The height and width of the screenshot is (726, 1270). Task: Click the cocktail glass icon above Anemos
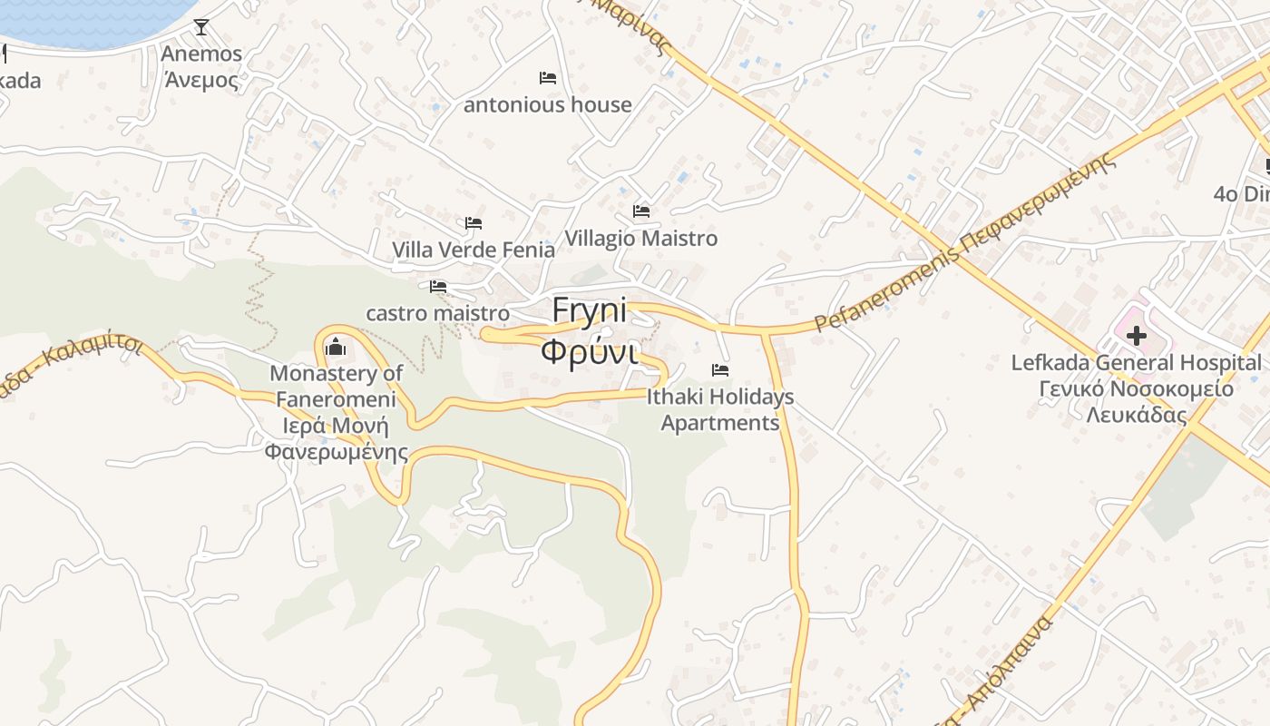201,27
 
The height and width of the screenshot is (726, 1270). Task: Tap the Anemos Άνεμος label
201,67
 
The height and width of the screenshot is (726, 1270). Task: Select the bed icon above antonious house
548,78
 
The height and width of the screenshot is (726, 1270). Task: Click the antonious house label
548,105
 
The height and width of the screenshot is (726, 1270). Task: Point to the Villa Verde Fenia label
474,250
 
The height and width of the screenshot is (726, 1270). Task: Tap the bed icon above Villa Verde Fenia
474,223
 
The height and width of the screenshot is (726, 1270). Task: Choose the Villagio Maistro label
641,239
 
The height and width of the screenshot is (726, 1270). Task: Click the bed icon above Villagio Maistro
641,211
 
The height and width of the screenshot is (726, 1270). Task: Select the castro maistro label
437,313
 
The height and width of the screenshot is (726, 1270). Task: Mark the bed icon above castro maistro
438,287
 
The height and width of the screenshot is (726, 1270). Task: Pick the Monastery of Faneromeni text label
336,412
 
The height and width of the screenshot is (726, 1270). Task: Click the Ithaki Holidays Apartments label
720,409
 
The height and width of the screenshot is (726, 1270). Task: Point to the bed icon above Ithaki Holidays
720,370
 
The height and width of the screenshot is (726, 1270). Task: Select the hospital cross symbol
1136,337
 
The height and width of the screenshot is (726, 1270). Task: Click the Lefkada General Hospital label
1137,389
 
